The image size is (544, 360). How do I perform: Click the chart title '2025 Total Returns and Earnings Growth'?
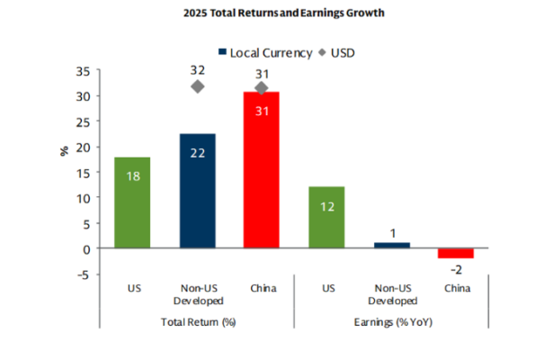coord(272,13)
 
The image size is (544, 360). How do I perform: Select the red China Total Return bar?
coord(262,171)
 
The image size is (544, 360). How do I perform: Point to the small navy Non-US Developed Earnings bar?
coord(391,246)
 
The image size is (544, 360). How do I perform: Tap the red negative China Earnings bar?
coord(456,253)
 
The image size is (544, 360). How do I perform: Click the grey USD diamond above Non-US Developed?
coord(197,86)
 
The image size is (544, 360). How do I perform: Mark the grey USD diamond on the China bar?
coord(262,88)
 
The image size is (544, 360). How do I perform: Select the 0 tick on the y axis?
coord(84,248)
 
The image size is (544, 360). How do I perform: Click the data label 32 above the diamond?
coord(197,67)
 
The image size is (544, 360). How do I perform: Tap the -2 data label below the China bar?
coord(456,269)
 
